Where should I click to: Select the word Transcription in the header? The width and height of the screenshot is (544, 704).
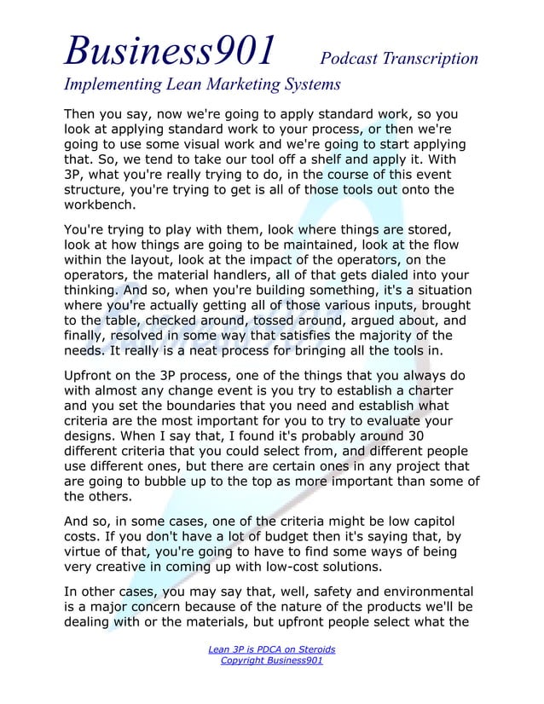431,58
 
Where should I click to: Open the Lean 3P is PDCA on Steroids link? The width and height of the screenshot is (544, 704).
272,649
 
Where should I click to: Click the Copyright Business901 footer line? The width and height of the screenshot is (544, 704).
272,661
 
